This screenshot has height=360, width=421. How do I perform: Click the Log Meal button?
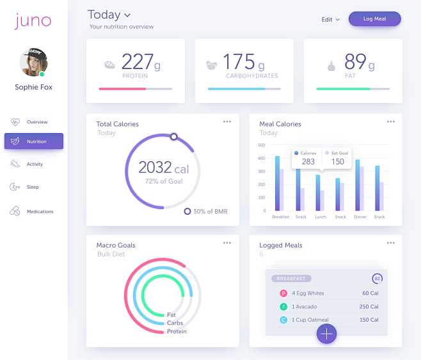[x=374, y=19]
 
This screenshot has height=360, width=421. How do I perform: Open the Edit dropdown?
[x=331, y=20]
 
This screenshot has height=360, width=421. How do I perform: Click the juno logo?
[x=33, y=20]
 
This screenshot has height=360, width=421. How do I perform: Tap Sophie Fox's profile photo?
[x=33, y=62]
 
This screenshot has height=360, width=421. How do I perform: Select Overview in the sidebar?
[x=36, y=122]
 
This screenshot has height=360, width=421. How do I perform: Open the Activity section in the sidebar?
[x=35, y=164]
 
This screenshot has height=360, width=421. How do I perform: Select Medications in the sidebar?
[x=40, y=212]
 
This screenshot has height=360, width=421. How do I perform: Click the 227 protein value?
[x=137, y=61]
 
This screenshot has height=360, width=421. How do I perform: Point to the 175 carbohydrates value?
[x=239, y=61]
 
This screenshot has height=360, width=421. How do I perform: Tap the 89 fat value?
[x=355, y=61]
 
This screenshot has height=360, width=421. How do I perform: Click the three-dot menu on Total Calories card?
[x=227, y=121]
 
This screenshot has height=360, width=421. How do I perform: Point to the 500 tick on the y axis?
[x=261, y=145]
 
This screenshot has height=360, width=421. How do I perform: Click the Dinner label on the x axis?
[x=360, y=217]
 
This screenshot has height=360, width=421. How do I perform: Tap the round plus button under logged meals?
[x=326, y=334]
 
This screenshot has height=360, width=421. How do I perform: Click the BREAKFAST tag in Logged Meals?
[x=292, y=279]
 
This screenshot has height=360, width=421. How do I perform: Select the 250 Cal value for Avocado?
[x=369, y=307]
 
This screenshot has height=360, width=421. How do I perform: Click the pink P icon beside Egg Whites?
[x=283, y=293]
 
